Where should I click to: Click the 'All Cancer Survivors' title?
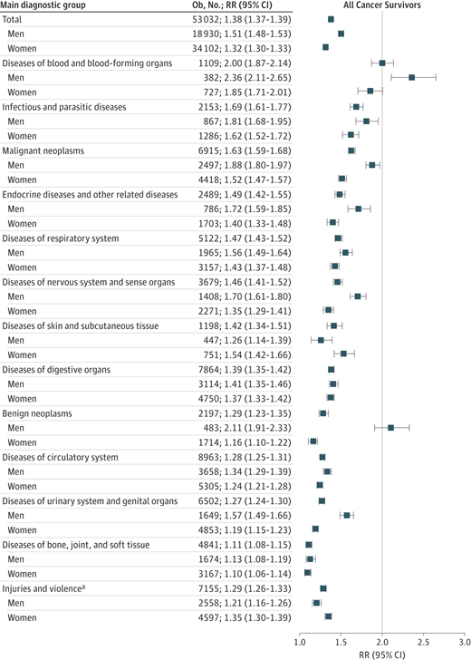point(382,5)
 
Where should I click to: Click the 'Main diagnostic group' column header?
point(43,5)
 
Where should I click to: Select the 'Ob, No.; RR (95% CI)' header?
point(232,5)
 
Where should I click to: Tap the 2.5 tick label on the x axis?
point(424,642)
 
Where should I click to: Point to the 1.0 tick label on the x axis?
point(300,642)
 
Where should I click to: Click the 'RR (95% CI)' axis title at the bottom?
point(382,655)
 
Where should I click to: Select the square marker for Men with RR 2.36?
point(412,77)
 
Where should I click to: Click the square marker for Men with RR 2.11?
point(390,428)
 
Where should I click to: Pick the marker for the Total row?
point(331,19)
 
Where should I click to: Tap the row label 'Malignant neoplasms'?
point(43,150)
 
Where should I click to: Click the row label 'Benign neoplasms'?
point(37,413)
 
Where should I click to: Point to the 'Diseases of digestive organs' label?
point(56,370)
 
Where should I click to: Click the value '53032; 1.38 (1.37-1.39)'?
point(242,19)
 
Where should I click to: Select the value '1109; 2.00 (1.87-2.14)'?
point(245,63)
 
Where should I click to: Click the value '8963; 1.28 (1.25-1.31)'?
point(245,457)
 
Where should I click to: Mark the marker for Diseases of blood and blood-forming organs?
point(382,63)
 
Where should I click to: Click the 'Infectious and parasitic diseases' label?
point(64,107)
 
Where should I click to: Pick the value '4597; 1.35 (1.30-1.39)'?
point(245,617)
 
